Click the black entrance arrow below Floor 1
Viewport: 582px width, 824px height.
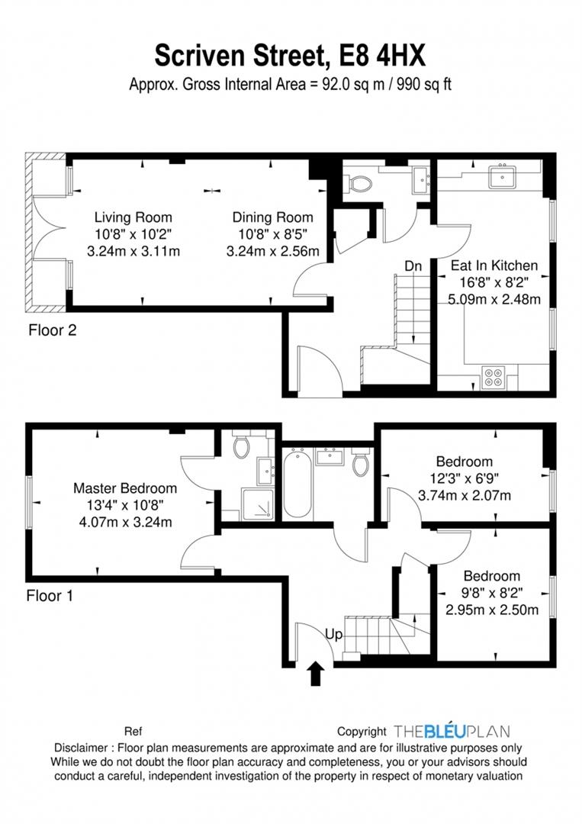[x=315, y=673]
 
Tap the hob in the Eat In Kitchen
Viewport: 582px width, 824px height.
[x=494, y=378]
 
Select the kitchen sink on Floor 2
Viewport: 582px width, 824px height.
[x=502, y=176]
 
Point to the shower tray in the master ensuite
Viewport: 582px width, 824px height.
[x=257, y=504]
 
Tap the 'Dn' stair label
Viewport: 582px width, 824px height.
[x=413, y=266]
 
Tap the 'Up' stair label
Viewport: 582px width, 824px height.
[x=333, y=635]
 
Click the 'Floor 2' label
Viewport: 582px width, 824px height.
[x=53, y=330]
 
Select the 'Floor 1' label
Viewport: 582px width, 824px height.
[x=50, y=596]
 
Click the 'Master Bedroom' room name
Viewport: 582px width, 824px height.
[x=125, y=488]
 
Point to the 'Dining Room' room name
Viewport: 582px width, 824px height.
[x=272, y=217]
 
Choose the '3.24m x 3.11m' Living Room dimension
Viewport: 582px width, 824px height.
[x=133, y=251]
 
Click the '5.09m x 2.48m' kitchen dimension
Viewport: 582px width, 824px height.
[x=494, y=300]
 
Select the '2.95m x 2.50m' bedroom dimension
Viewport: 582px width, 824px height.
[x=492, y=610]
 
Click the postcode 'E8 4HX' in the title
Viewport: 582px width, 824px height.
[x=382, y=56]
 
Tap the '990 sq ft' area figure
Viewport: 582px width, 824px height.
[x=424, y=84]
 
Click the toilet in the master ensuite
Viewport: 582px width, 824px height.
[x=242, y=446]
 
